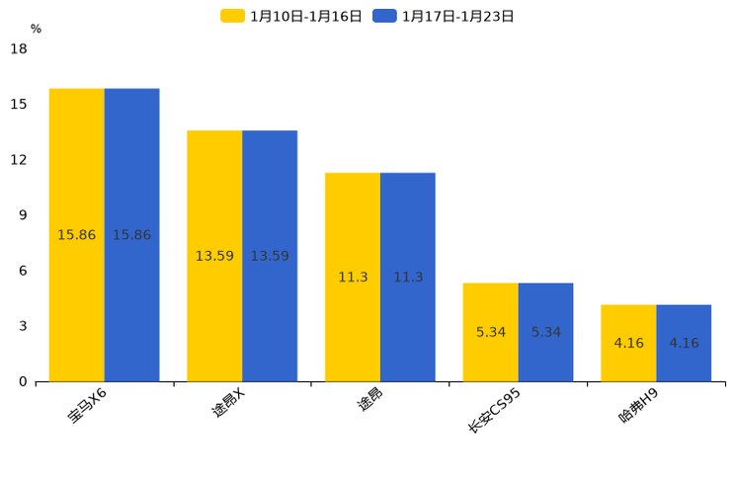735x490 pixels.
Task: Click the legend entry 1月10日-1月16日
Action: pos(292,16)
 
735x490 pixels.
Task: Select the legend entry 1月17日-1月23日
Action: pos(444,16)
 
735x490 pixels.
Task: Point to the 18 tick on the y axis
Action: pos(19,48)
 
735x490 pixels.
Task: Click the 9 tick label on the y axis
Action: pos(23,215)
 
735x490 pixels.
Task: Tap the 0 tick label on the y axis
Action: pos(23,381)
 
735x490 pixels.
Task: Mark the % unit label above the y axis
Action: pos(36,29)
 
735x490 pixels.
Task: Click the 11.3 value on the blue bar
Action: pos(408,278)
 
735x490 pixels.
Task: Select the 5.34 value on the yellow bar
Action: pos(491,332)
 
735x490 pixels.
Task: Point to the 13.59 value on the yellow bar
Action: pos(214,256)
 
